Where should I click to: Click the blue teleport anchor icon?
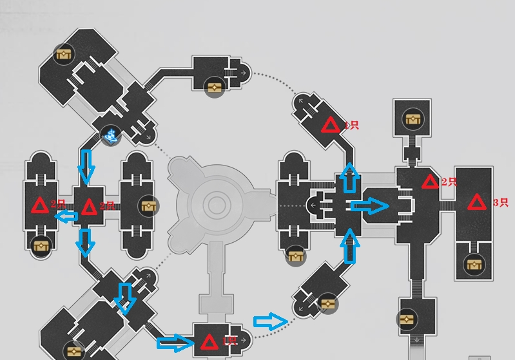(111, 135)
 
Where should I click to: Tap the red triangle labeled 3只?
(477, 202)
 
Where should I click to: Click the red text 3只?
(500, 202)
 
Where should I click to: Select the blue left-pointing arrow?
(66, 216)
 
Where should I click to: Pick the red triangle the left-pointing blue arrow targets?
(40, 206)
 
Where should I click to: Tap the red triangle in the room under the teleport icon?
(89, 206)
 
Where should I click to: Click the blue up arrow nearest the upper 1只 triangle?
(349, 178)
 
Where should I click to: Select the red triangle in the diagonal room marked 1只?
(331, 125)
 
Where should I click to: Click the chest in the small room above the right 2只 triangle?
(413, 118)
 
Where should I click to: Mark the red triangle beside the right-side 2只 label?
(430, 182)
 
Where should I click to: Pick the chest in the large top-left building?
(63, 55)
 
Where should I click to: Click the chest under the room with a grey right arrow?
(215, 88)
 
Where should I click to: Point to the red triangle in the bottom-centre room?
(209, 341)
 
